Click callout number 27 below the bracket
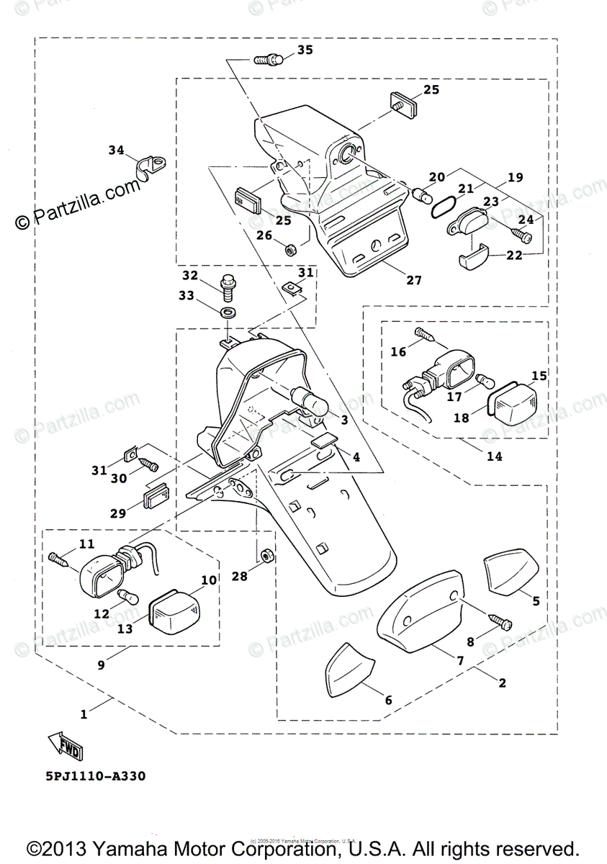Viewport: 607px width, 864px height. click(413, 280)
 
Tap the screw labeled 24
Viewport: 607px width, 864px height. click(522, 235)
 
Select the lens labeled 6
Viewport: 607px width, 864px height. click(349, 670)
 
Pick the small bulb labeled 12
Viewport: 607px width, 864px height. click(127, 595)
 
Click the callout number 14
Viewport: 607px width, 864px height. click(494, 456)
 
